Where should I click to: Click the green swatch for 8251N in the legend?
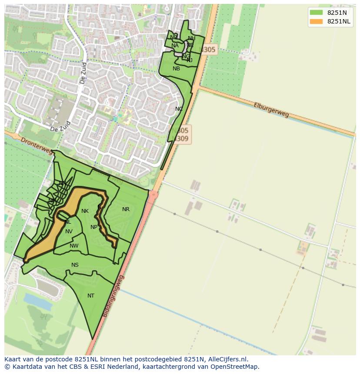pyautogui.click(x=316, y=13)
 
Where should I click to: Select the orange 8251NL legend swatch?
pyautogui.click(x=316, y=22)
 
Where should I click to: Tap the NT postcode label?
pyautogui.click(x=91, y=296)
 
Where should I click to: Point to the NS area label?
pyautogui.click(x=75, y=265)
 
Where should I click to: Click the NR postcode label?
pyautogui.click(x=126, y=209)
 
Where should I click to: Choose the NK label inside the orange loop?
pyautogui.click(x=85, y=211)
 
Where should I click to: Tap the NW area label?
pyautogui.click(x=74, y=246)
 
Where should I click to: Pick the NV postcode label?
pyautogui.click(x=69, y=232)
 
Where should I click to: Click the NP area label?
pyautogui.click(x=94, y=227)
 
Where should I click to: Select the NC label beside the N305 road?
pyautogui.click(x=179, y=109)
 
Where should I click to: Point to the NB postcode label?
pyautogui.click(x=176, y=69)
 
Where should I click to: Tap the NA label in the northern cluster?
pyautogui.click(x=175, y=46)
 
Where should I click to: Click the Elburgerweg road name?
pyautogui.click(x=272, y=110)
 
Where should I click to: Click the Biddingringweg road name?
pyautogui.click(x=114, y=295)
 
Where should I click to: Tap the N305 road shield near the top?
pyautogui.click(x=208, y=50)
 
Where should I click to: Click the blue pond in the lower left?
pyautogui.click(x=38, y=299)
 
